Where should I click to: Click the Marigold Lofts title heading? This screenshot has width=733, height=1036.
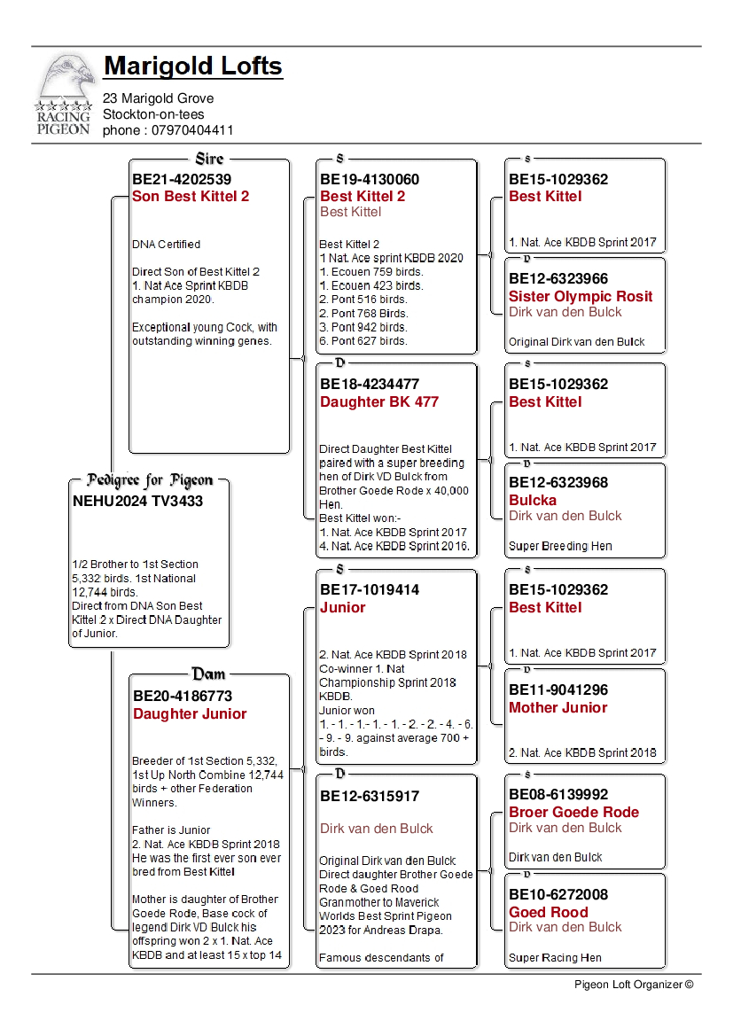(192, 66)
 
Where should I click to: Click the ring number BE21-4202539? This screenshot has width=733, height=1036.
(181, 180)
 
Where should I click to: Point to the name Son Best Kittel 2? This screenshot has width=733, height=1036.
(191, 197)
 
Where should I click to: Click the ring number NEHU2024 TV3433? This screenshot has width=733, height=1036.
(137, 502)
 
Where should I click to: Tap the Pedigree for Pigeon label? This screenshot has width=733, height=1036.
(150, 480)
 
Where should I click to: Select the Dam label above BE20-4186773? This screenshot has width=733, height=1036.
(208, 674)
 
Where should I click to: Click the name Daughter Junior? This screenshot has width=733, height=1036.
(190, 714)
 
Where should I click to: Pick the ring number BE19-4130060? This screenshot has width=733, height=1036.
(369, 180)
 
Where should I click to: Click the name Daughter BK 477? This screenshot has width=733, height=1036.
(378, 402)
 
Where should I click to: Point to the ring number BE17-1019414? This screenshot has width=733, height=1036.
(369, 590)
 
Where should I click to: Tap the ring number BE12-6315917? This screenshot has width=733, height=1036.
(369, 797)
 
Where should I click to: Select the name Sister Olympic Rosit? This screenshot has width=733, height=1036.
(580, 297)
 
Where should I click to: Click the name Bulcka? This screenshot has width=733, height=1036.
(533, 501)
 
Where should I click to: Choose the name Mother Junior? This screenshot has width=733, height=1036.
(558, 708)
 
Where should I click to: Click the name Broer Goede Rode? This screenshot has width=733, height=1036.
(573, 813)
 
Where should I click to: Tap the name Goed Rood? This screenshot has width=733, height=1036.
(548, 913)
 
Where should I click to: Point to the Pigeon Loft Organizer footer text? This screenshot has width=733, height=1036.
(633, 984)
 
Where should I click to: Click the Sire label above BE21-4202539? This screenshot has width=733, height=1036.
(209, 160)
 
